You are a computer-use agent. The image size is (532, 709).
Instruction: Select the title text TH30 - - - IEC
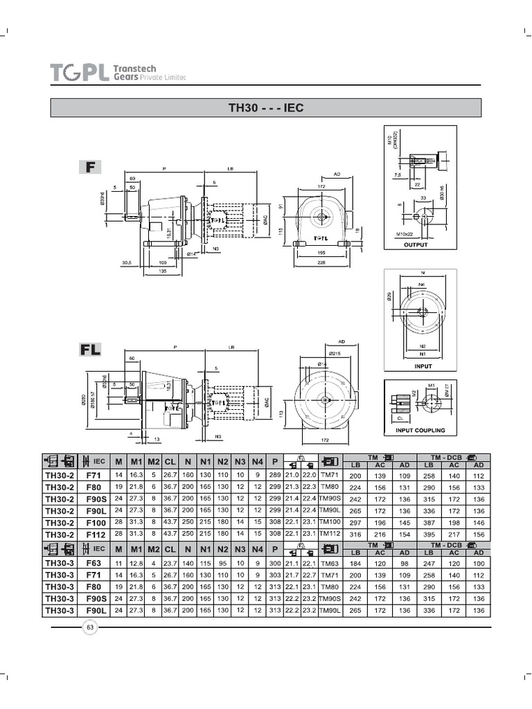(x=266, y=108)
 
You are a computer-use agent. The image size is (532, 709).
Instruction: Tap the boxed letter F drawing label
(x=90, y=167)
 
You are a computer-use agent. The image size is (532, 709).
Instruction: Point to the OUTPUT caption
(x=416, y=245)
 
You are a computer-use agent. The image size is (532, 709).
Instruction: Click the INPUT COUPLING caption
(x=420, y=430)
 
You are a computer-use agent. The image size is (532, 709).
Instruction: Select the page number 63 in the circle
(x=90, y=627)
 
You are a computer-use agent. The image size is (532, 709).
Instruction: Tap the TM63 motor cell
(x=330, y=563)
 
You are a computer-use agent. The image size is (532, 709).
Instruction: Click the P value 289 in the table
(x=274, y=476)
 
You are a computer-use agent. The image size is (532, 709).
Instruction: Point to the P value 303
(x=274, y=575)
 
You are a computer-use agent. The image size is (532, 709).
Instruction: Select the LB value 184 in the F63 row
(x=355, y=563)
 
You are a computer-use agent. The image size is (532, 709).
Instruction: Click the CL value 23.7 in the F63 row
(x=170, y=563)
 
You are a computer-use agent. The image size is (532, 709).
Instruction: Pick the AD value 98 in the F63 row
(x=405, y=563)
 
